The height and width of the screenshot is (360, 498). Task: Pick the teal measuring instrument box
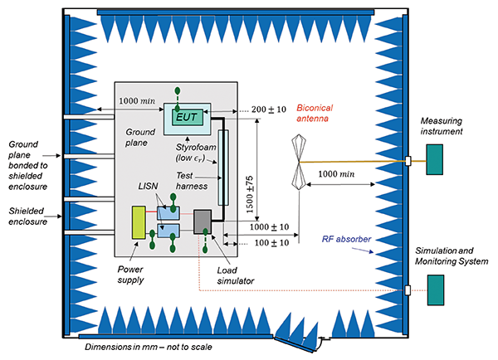[x=433, y=159]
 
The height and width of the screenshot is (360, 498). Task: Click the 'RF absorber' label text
[x=346, y=241]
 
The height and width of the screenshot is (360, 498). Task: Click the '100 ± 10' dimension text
[x=270, y=243]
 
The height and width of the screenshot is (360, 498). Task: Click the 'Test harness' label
[x=193, y=180]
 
